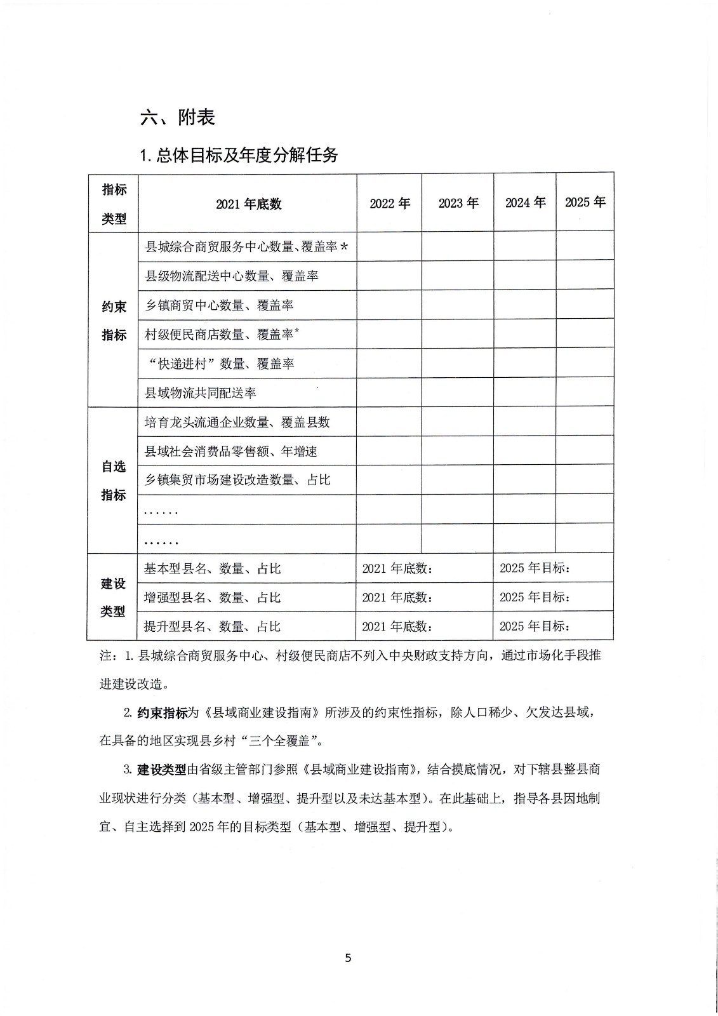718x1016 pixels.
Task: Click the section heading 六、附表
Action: [x=178, y=117]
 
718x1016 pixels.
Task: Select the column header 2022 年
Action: [x=390, y=203]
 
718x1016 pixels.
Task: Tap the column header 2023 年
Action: [x=458, y=203]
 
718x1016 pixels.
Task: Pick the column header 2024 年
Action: [x=525, y=203]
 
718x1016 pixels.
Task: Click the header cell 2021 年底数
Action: [x=248, y=204]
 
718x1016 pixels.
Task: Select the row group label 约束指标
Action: [x=114, y=321]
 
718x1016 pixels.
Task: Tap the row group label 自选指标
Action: [x=114, y=481]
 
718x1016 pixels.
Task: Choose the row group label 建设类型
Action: [x=113, y=598]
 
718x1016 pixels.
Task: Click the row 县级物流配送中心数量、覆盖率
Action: [x=232, y=276]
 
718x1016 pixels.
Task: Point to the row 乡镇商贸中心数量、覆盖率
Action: [x=219, y=305]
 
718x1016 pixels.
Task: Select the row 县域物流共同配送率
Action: [x=201, y=393]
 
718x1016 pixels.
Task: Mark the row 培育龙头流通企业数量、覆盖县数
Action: [x=237, y=422]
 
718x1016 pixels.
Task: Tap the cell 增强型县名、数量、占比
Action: [x=212, y=598]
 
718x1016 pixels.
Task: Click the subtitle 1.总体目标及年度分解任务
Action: [x=239, y=155]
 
